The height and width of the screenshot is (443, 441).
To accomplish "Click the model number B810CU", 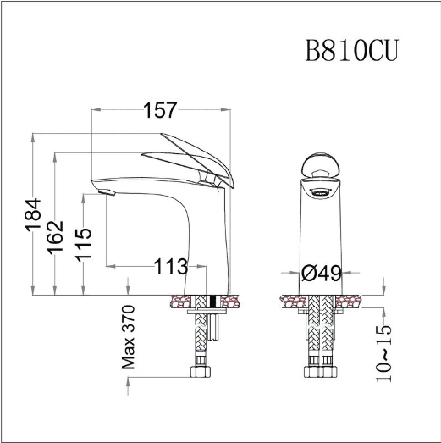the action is (351, 50).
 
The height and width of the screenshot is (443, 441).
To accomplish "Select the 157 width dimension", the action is (160, 110).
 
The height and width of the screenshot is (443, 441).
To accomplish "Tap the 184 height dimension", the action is (33, 215).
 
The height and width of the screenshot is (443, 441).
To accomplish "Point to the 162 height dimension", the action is (55, 237).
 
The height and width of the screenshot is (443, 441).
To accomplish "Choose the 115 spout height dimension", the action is (83, 244).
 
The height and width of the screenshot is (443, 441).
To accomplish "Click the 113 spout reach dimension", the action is (171, 267).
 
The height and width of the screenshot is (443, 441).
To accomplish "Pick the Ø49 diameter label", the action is (322, 273).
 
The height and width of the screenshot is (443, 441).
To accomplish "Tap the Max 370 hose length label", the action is (128, 337).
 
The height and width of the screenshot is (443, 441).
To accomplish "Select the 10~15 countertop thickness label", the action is (383, 353).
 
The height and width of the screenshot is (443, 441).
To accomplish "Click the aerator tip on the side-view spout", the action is (107, 192).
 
